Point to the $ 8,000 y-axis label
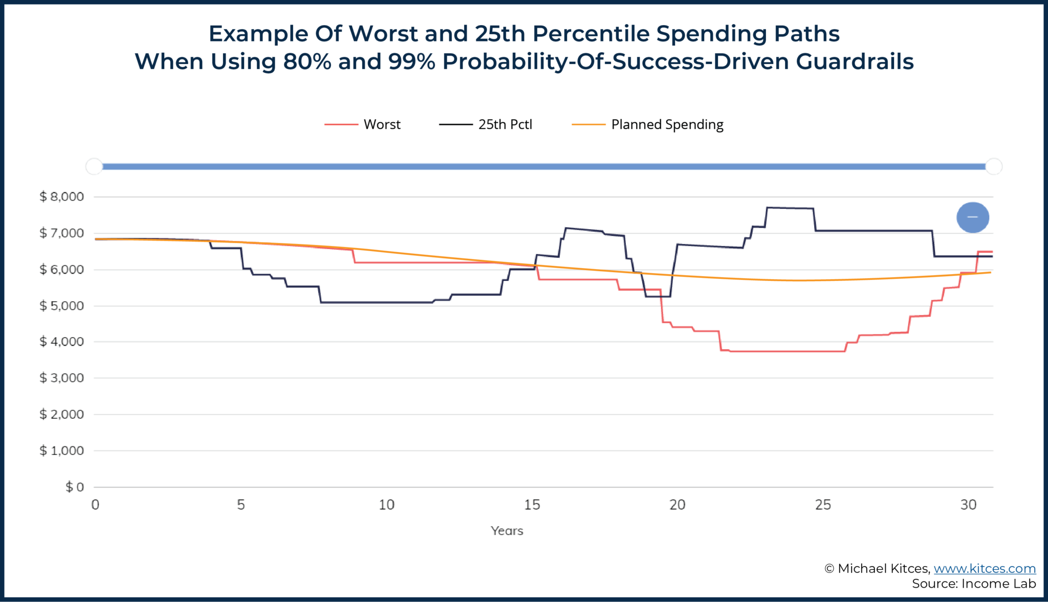[x=62, y=196]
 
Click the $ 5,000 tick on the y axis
[x=62, y=306]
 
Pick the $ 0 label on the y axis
[x=75, y=487]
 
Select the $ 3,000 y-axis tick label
[x=62, y=378]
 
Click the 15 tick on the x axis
[x=532, y=505]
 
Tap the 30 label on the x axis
[x=968, y=505]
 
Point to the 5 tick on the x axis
[x=241, y=505]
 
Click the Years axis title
[x=507, y=531]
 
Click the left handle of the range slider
[x=94, y=166]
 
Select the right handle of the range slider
[x=993, y=166]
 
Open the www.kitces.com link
[x=985, y=568]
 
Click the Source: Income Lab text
[x=973, y=584]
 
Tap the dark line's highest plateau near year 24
[x=791, y=208]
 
